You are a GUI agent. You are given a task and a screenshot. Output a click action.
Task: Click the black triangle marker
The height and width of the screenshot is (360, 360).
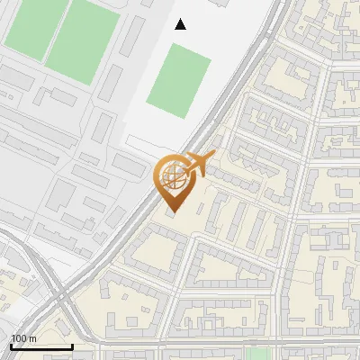pos(181,24)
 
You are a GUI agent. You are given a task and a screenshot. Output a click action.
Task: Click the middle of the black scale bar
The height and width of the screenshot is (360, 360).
pos(41,346)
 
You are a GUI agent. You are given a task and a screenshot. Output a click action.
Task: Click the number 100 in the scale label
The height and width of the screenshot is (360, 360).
pos(19,338)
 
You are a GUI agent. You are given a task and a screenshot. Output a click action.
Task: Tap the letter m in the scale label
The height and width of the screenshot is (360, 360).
pos(31,338)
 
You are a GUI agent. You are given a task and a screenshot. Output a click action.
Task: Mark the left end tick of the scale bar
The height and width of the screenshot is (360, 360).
pos(11,346)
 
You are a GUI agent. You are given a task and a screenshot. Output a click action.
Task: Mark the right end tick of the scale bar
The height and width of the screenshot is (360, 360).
pos(72,346)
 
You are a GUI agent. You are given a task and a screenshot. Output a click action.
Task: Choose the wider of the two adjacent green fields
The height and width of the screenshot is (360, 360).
pos(82,40)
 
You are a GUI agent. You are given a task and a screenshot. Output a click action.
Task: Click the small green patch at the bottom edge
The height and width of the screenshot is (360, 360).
pos(259,354)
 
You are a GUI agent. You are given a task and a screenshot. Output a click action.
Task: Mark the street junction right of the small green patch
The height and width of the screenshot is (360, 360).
pos(281,343)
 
